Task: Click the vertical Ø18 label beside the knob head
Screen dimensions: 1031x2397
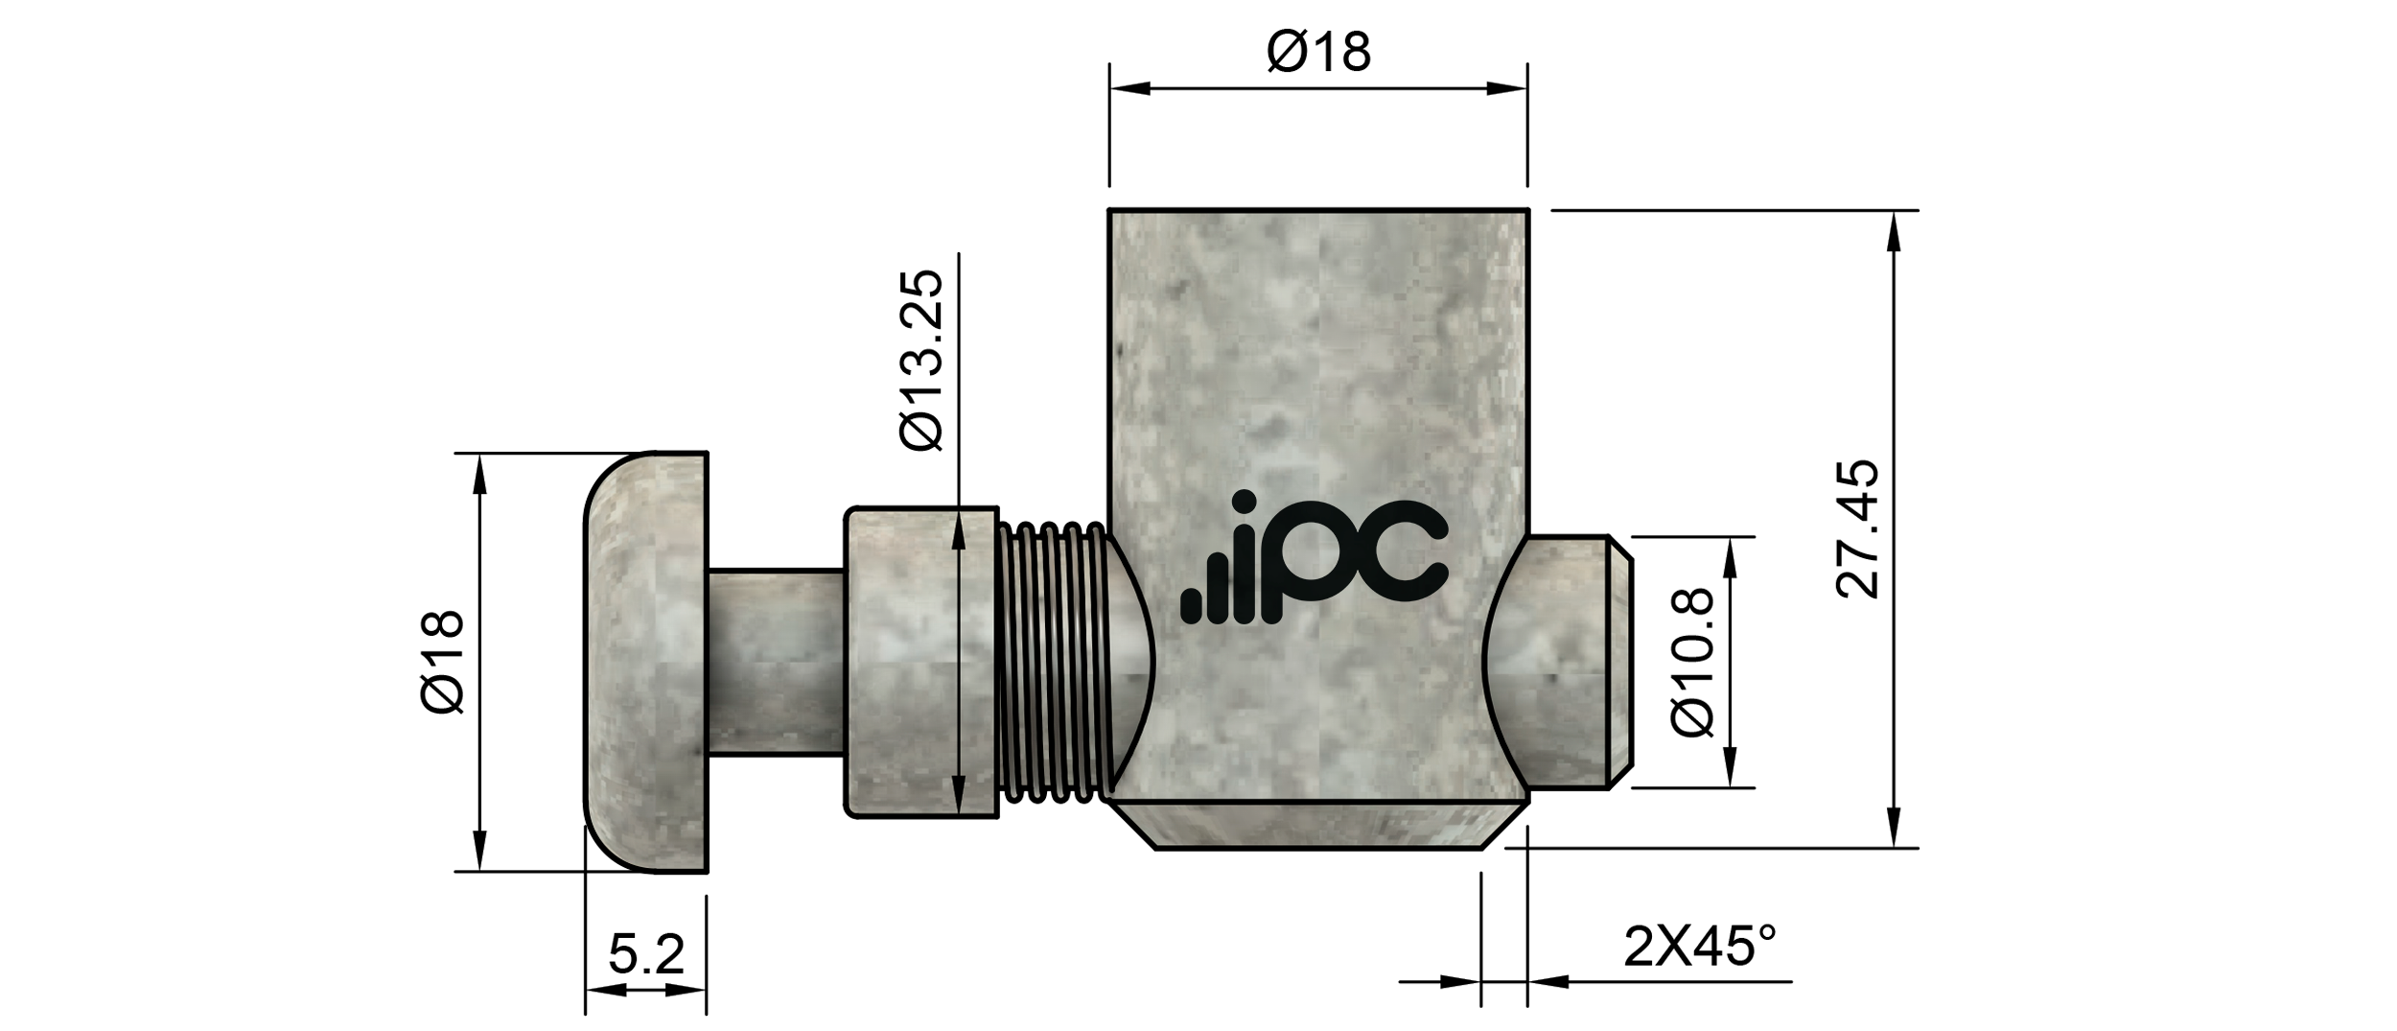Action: pos(443,662)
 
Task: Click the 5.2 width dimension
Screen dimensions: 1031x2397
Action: pos(646,954)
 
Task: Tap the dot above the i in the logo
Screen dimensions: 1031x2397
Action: pos(1245,504)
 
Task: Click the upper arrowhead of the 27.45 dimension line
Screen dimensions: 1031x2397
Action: pos(1894,230)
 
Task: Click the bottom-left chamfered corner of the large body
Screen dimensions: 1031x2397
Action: pos(1133,825)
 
